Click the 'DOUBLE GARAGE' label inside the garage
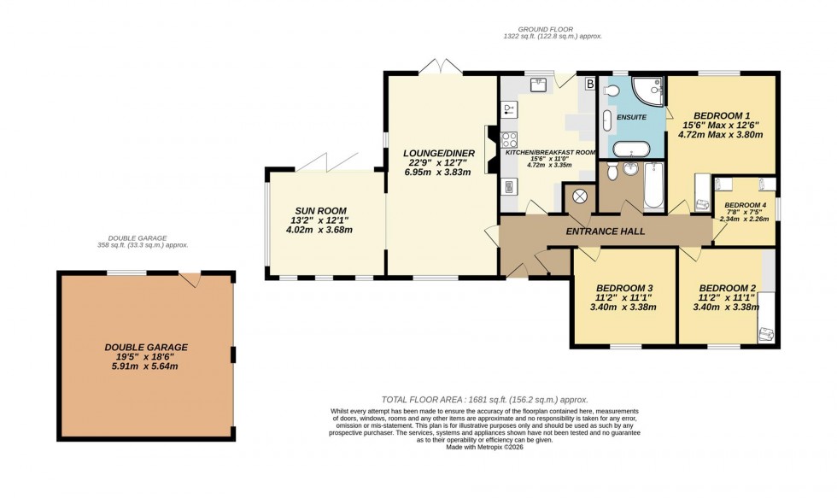tap(146, 347)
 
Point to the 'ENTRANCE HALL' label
tap(605, 231)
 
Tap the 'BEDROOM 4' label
tap(746, 205)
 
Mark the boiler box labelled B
tap(589, 84)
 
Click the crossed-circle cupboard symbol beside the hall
tap(580, 197)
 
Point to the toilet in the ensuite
tap(610, 92)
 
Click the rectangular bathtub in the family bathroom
tap(654, 187)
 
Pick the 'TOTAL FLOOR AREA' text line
tap(485, 400)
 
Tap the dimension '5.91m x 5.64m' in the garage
tap(146, 366)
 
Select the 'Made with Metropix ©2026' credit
tap(485, 447)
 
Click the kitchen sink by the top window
tap(538, 84)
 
